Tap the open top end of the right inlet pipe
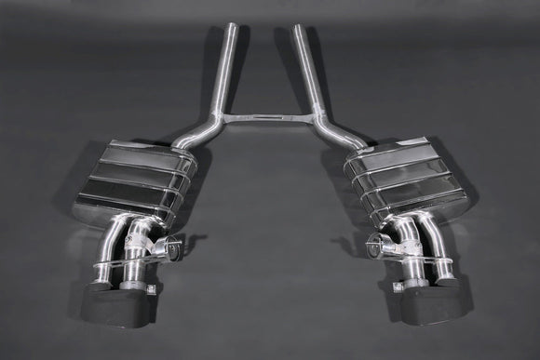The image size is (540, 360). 300,27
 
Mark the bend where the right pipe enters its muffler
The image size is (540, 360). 349,142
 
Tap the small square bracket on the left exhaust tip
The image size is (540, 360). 94,285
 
